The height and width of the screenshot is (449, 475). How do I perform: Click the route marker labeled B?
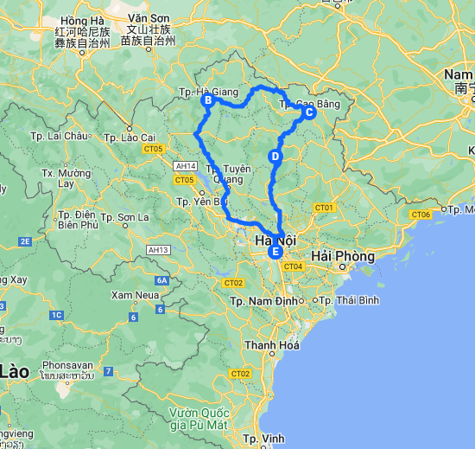coord(207,100)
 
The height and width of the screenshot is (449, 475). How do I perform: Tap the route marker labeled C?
coord(310,112)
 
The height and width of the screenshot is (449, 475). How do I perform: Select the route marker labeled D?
coord(275,157)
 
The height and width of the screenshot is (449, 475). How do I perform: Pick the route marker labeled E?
coord(275,253)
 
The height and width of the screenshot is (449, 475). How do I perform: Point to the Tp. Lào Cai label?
coord(129,138)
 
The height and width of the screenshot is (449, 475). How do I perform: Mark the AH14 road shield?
coord(185,165)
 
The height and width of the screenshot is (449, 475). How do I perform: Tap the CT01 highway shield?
coord(324,208)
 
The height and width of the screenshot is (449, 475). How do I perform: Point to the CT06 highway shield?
coord(421,214)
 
